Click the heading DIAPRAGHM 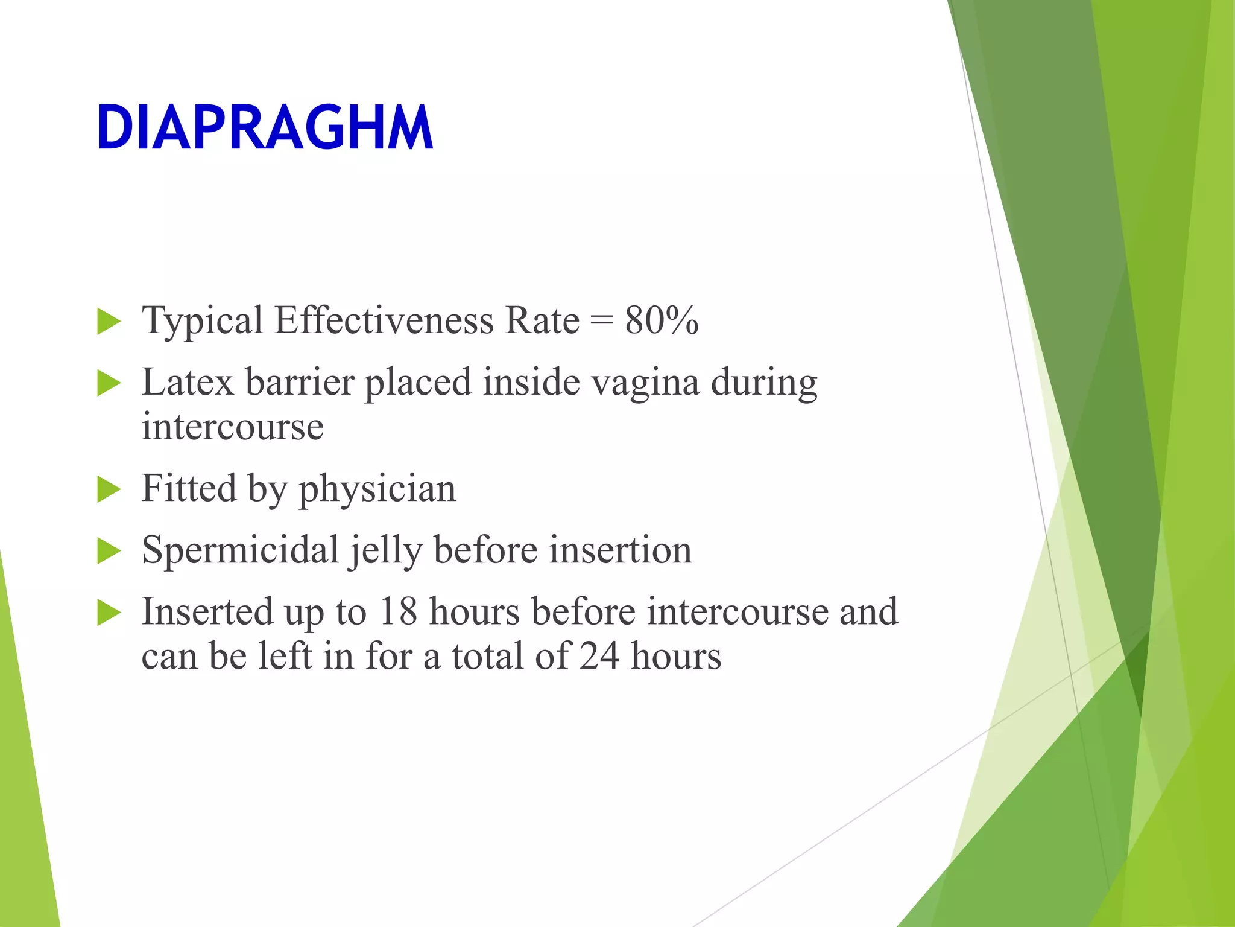tap(265, 128)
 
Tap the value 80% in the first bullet tap(662, 320)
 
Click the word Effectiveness tap(384, 320)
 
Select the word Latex tap(188, 383)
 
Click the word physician tap(377, 489)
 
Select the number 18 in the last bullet tap(398, 612)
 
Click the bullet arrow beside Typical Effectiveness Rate tap(109, 321)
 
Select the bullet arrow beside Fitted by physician tap(109, 489)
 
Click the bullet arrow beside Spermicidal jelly tap(109, 551)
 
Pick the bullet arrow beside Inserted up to tap(109, 613)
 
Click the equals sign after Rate tap(602, 321)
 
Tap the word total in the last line tap(487, 657)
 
